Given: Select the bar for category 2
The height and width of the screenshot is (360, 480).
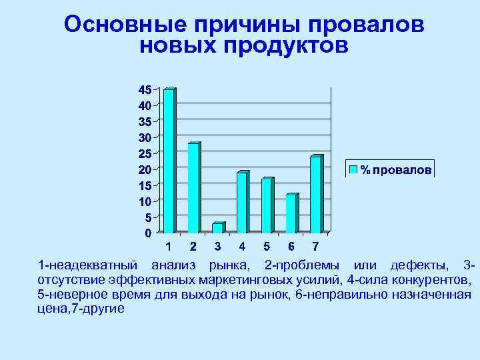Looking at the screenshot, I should [x=193, y=187].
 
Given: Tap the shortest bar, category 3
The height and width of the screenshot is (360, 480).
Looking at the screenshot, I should [x=218, y=228].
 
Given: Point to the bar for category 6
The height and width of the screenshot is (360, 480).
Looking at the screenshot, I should [x=291, y=213].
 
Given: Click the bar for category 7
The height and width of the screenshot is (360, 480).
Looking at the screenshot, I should [x=315, y=194].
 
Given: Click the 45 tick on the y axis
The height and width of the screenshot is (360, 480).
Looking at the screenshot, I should [x=144, y=89].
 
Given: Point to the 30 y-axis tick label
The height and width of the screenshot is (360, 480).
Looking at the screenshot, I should [x=144, y=137].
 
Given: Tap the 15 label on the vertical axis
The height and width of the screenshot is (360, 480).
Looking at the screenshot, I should [x=144, y=185].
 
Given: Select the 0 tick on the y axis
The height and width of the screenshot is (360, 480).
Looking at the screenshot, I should [x=147, y=233].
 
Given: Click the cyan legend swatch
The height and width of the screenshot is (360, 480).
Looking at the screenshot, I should [x=354, y=169].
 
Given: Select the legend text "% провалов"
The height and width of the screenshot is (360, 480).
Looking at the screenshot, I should [x=396, y=170].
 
